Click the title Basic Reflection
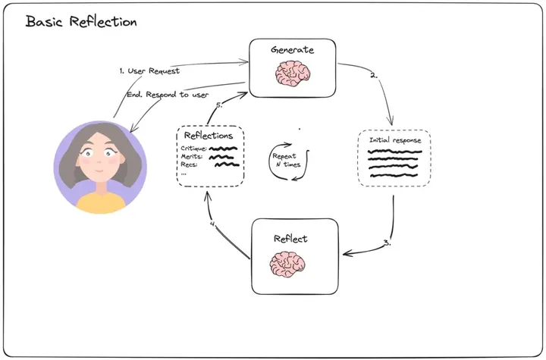[x=81, y=21]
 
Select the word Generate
[x=292, y=50]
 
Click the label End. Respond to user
[x=166, y=94]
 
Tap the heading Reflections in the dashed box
[x=209, y=136]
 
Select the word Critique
[x=193, y=149]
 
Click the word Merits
[x=192, y=157]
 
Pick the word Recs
[x=190, y=164]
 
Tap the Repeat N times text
[x=285, y=159]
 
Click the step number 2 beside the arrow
[x=372, y=75]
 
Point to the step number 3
[x=386, y=243]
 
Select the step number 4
[x=213, y=224]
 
